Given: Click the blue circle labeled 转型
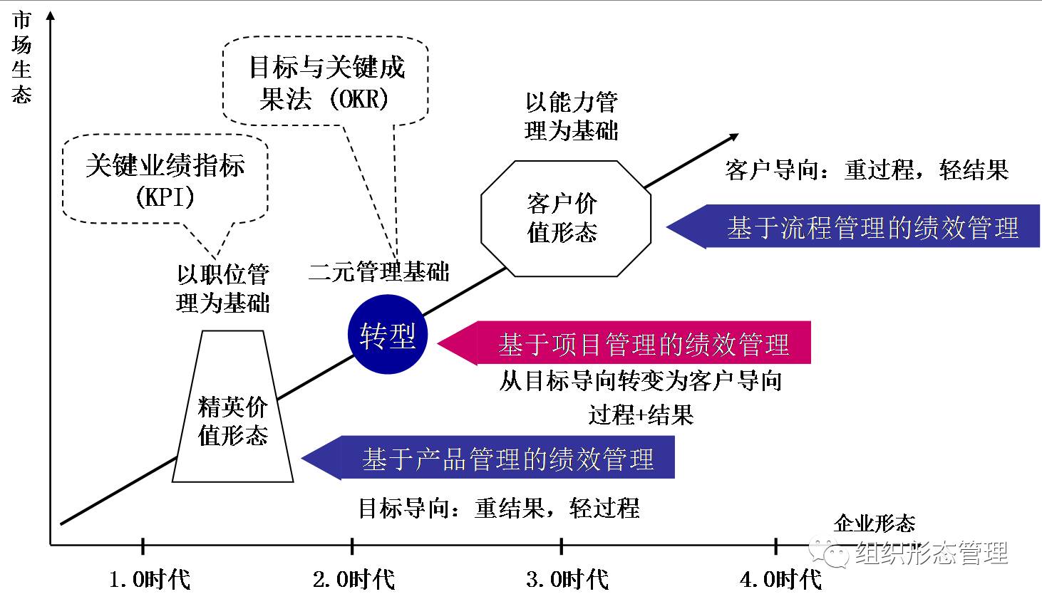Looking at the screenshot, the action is click(x=388, y=334).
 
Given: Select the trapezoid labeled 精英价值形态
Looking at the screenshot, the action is click(x=232, y=406).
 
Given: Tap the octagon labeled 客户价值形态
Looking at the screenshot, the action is click(x=566, y=219).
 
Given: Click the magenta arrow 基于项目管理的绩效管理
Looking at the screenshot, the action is click(x=624, y=343).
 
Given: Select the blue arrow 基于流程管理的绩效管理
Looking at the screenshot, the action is click(x=853, y=226).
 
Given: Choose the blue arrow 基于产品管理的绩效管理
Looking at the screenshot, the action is click(x=488, y=457).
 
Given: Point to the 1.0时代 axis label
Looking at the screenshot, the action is click(x=150, y=580).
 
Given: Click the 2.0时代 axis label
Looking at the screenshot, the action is click(x=354, y=580).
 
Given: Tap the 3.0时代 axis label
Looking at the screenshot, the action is click(x=567, y=580).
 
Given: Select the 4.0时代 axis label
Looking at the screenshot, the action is click(x=781, y=580).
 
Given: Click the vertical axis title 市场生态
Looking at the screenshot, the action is click(x=21, y=57).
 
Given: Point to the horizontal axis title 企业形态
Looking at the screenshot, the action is click(x=875, y=524).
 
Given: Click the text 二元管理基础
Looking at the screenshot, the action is click(x=378, y=272).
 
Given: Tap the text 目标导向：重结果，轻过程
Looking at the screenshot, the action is click(x=499, y=507).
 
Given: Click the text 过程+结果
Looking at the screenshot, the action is click(x=641, y=415).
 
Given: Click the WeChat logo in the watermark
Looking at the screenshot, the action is click(x=829, y=551).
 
